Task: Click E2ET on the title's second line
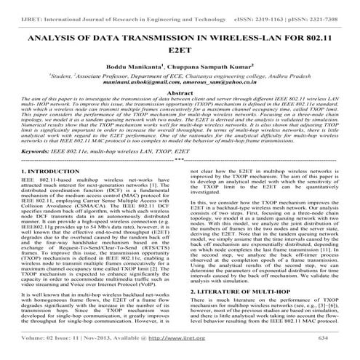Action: [x=180, y=52]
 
